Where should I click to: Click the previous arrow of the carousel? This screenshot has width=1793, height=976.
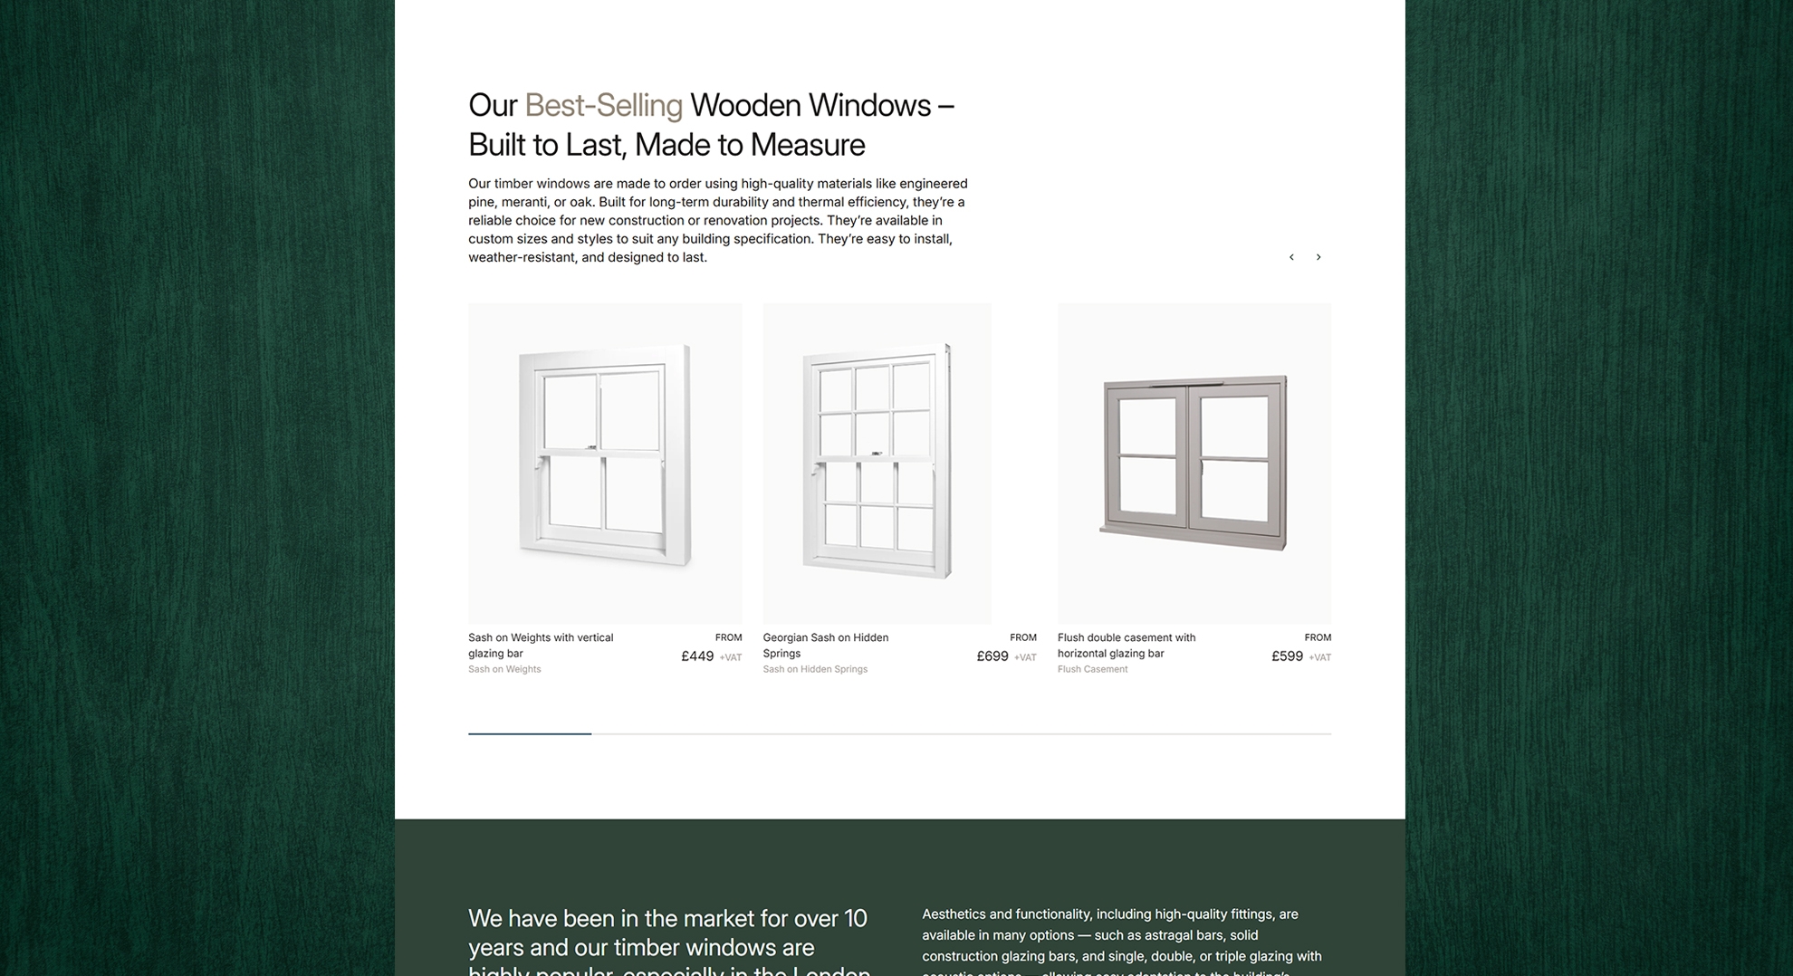point(1291,257)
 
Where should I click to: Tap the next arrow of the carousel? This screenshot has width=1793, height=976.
point(1318,257)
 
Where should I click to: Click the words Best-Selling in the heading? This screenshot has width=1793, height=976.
point(603,106)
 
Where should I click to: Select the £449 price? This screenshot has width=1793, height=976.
point(697,656)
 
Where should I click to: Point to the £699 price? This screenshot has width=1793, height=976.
point(992,656)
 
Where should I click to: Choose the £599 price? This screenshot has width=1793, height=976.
point(1287,656)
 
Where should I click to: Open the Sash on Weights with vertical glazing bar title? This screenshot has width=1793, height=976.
point(541,645)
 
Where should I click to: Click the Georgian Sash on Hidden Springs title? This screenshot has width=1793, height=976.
point(825,645)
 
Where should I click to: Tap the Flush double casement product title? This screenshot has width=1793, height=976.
point(1126,645)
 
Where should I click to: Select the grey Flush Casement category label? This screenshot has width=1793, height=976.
point(1092,669)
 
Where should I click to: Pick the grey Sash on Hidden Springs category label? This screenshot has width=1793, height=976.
point(815,669)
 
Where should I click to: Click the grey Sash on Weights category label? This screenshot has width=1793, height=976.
point(504,669)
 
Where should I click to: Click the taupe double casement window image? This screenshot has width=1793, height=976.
point(1194,462)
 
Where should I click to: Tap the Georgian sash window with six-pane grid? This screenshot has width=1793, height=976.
point(877,462)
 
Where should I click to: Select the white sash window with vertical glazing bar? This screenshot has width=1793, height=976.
point(605,457)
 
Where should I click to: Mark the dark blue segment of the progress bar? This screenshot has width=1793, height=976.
point(530,733)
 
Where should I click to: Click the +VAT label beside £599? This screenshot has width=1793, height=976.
point(1319,657)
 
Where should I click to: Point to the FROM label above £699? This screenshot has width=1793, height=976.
point(1022,637)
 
